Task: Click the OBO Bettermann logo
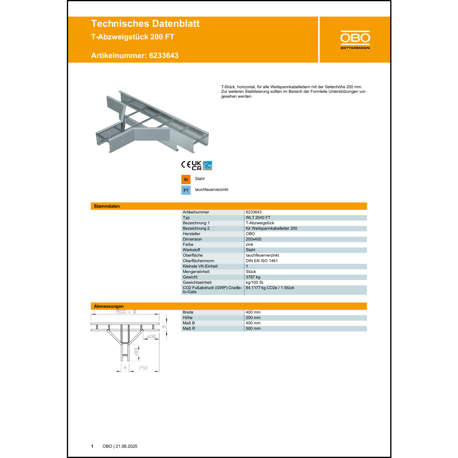click(x=355, y=40)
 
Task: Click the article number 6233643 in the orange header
click(x=164, y=56)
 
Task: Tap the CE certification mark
click(x=186, y=165)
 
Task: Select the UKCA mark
click(x=196, y=165)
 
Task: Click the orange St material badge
click(x=186, y=180)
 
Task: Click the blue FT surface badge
click(x=186, y=190)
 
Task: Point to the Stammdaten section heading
click(x=107, y=206)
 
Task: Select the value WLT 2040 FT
click(x=258, y=218)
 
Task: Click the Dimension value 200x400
click(x=253, y=239)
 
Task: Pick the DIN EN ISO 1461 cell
click(x=262, y=261)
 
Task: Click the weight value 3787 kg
click(x=253, y=277)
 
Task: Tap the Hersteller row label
click(x=191, y=234)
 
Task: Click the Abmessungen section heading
click(x=109, y=306)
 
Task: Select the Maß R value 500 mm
click(x=253, y=329)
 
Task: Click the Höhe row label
click(x=187, y=318)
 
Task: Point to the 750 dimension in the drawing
click(x=143, y=368)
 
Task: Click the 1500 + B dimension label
click(x=126, y=312)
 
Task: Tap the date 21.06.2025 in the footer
click(x=126, y=446)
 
